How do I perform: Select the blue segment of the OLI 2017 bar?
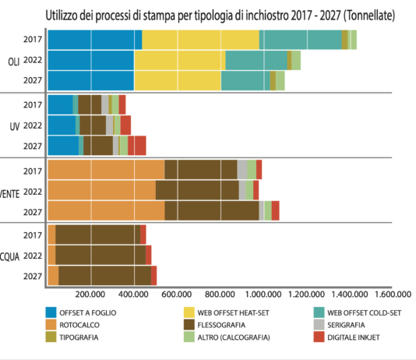pos(93,39)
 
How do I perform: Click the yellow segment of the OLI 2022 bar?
pos(179,60)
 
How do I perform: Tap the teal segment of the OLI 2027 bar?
pos(245,80)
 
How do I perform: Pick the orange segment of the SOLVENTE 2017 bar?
pos(105,170)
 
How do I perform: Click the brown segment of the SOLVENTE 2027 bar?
pos(211,210)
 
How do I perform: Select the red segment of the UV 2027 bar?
pos(137,146)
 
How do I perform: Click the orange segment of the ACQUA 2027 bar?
pos(53,275)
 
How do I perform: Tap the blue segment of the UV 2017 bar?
pos(60,104)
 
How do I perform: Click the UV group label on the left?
pos(14,125)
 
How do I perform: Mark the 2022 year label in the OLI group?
pos(33,60)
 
